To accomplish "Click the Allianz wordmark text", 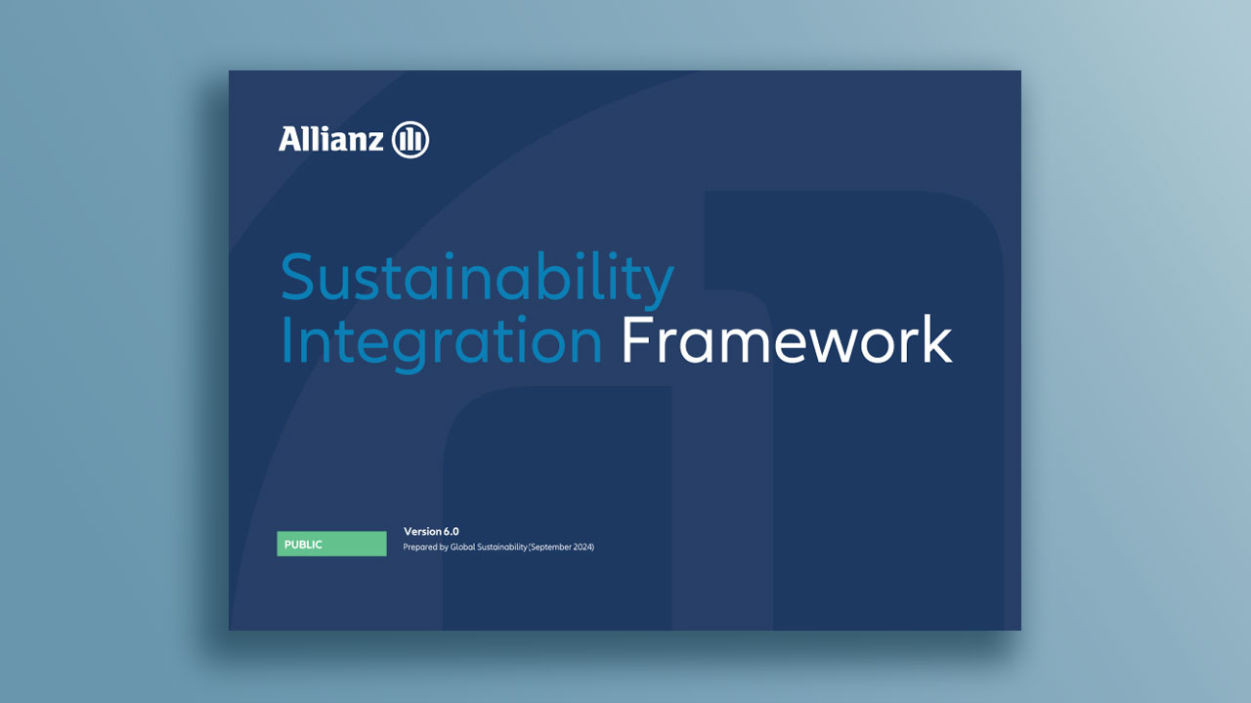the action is pos(331,139).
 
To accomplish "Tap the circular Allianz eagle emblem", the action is pos(410,139).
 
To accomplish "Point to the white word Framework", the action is pos(787,339).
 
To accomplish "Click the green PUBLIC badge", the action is pos(331,544).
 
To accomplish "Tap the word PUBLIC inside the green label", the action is pos(303,545).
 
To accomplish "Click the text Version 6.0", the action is pos(431,532).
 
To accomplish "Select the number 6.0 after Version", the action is pos(452,532).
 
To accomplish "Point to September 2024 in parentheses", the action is pos(562,548).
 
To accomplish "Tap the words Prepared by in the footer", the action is pos(426,548).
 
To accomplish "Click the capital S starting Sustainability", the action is pos(296,277).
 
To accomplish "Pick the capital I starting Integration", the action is pos(286,339).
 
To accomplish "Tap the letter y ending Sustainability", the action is pos(658,285).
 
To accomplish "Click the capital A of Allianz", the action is pos(290,139).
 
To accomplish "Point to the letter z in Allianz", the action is pos(375,142).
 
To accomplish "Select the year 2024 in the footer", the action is pos(582,548).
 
